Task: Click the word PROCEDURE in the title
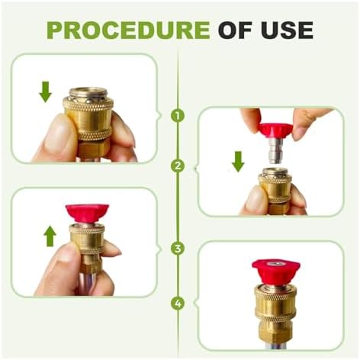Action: pos(128,31)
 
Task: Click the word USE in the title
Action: pos(287,31)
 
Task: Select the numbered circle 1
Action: pos(178,116)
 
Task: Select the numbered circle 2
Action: pos(178,166)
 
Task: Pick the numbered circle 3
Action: pos(178,249)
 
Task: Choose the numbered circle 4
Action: pos(178,304)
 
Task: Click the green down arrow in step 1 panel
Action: pos(46,92)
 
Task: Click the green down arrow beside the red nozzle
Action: pos(238,162)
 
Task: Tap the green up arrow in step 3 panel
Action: pos(50,236)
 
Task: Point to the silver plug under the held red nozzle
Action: pos(275,152)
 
